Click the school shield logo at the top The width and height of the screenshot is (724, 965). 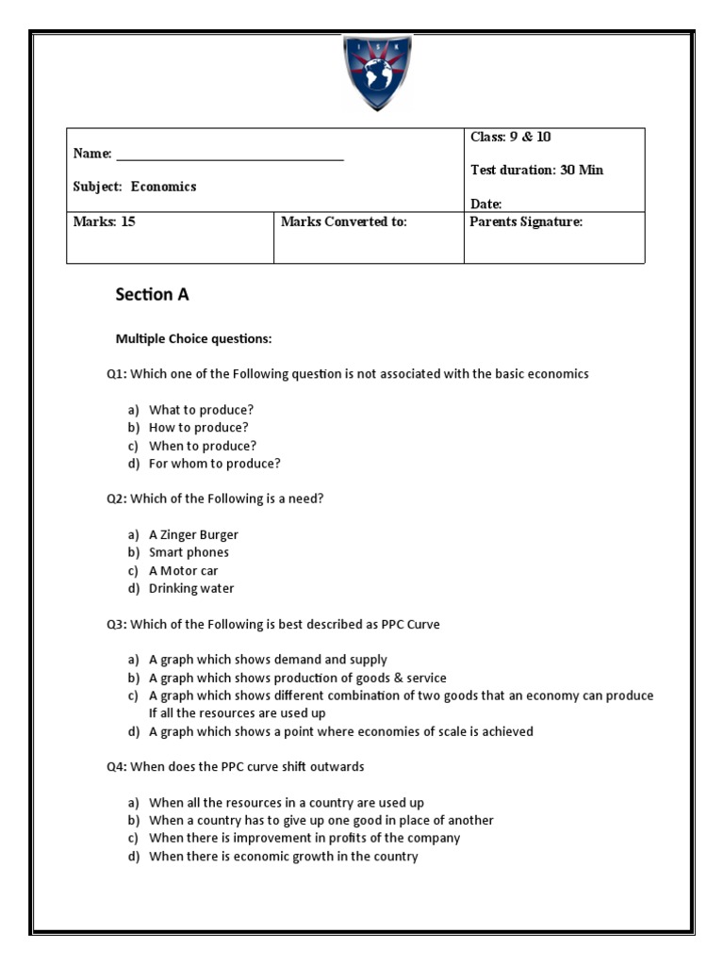376,72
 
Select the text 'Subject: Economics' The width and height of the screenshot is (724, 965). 135,187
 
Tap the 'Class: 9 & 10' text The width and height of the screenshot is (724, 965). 511,138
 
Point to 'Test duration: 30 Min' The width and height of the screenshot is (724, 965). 536,171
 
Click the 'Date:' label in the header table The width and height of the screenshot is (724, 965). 486,204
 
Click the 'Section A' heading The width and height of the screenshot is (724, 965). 152,294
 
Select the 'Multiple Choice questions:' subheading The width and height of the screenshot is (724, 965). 193,338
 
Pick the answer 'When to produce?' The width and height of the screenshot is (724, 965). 203,446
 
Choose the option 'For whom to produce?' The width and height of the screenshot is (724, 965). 215,464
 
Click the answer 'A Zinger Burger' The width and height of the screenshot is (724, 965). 194,534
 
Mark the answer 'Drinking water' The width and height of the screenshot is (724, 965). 191,588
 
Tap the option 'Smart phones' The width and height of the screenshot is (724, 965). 189,552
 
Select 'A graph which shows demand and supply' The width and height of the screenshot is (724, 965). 268,660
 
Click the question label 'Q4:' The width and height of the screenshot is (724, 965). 116,767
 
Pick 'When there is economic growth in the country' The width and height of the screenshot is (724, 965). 283,857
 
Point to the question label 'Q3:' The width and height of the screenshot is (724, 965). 116,624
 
